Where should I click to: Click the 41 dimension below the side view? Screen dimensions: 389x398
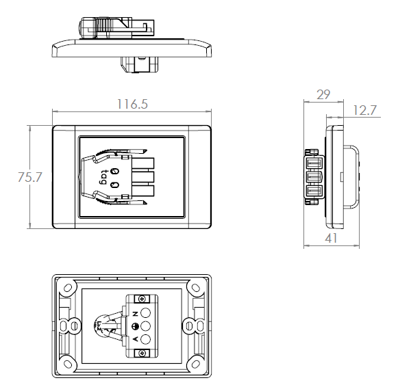coord(332,239)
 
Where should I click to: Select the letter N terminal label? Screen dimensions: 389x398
coord(135,312)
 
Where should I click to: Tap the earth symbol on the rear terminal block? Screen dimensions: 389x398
coord(135,326)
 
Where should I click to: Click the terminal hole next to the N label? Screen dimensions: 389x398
coord(145,313)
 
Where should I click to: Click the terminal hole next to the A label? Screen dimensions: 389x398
coord(145,339)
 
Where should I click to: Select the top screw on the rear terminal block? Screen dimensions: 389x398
coord(142,299)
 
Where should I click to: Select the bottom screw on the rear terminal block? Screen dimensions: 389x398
coord(142,353)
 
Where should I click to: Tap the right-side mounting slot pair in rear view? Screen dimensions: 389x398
coord(192,325)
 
